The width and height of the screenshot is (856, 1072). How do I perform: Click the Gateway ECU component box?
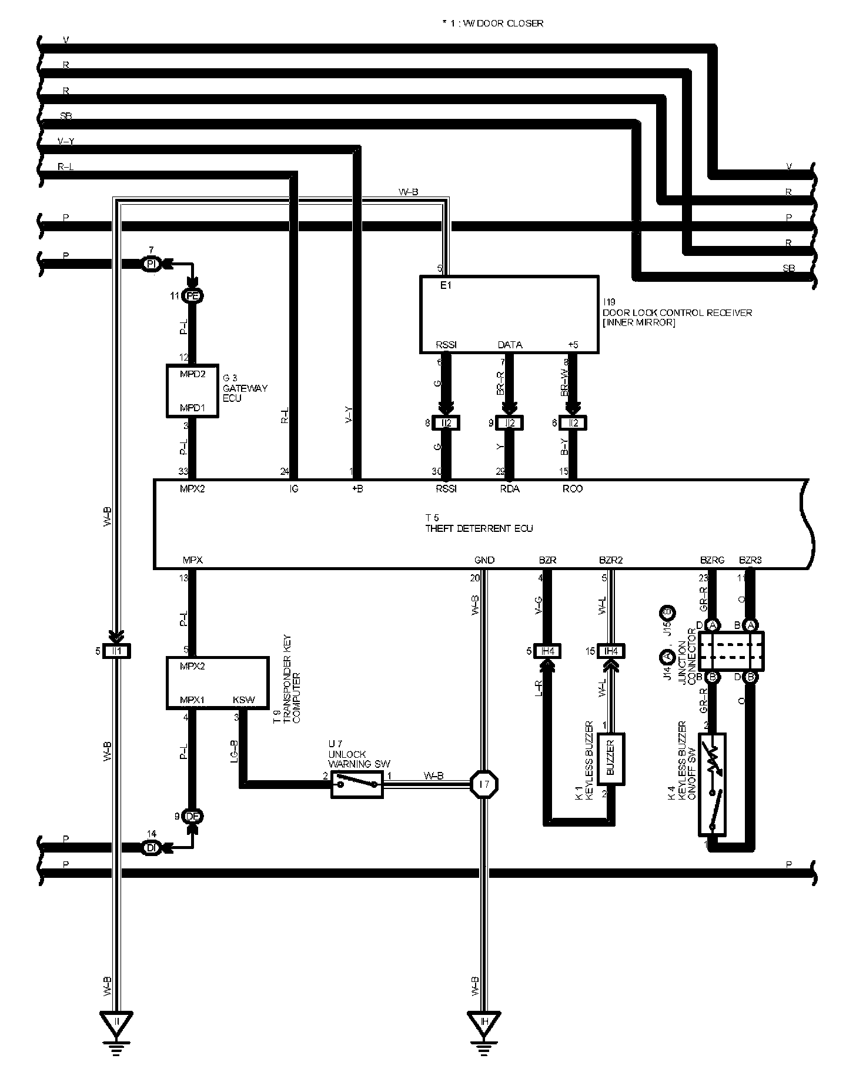[192, 391]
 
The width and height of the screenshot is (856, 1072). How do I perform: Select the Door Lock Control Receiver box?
[509, 314]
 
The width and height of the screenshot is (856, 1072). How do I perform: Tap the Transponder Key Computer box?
[216, 683]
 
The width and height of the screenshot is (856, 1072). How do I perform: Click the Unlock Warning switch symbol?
[357, 784]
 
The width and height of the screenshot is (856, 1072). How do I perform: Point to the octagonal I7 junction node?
[484, 784]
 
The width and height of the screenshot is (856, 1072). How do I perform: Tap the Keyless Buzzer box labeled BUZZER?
[610, 758]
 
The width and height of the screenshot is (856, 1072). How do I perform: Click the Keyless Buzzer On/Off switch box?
[713, 784]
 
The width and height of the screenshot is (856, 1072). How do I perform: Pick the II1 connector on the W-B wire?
[116, 651]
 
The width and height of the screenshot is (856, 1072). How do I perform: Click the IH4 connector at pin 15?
[611, 651]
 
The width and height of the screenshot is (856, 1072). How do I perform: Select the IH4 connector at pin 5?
[547, 651]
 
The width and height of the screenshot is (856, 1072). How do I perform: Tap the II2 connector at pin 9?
[510, 422]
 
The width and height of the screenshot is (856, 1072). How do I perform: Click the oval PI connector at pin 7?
[151, 265]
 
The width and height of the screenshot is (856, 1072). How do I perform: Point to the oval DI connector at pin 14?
[151, 848]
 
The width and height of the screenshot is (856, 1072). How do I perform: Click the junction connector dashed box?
[733, 651]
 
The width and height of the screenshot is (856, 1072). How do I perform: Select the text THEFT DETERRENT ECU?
[479, 528]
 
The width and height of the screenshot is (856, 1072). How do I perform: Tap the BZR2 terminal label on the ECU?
[611, 560]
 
